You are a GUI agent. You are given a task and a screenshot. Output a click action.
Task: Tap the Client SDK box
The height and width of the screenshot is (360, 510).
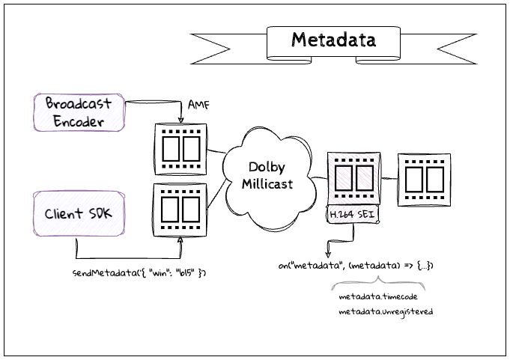coord(78,213)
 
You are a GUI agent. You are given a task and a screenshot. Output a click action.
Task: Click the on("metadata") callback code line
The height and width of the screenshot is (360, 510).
coord(355,266)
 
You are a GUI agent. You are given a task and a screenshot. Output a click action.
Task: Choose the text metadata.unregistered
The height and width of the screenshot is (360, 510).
coord(386,311)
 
